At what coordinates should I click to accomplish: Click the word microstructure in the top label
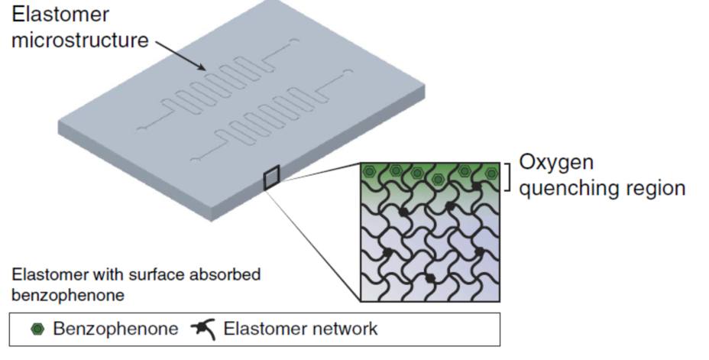(79, 40)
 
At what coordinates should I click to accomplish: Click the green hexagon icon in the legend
(37, 329)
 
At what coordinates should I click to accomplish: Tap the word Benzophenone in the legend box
(115, 329)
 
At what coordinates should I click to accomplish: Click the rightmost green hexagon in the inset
(490, 173)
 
